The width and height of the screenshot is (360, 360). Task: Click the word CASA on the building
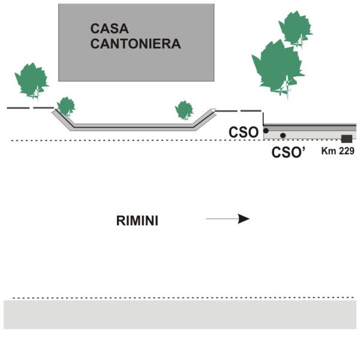click(106, 28)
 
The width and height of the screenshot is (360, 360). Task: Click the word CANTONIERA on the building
click(136, 44)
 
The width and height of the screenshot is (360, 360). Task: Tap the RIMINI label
click(137, 220)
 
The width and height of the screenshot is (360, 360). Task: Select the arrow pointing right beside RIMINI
click(227, 219)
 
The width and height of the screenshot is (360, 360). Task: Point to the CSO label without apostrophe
click(244, 132)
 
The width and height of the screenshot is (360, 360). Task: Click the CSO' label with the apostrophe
click(289, 152)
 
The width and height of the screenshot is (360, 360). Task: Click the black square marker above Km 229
click(346, 139)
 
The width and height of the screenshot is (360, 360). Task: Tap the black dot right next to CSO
click(266, 130)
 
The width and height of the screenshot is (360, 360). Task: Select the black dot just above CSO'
click(283, 136)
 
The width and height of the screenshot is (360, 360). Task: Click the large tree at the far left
click(31, 80)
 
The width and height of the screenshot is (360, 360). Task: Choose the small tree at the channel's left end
click(65, 106)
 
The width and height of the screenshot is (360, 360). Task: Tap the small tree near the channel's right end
click(184, 110)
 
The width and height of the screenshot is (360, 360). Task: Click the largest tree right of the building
click(278, 65)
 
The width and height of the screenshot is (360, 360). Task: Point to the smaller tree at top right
click(295, 27)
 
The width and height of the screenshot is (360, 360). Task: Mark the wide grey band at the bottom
click(180, 314)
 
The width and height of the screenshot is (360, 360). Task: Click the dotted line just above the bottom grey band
click(180, 298)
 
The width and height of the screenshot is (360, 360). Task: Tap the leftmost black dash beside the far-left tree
click(16, 108)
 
